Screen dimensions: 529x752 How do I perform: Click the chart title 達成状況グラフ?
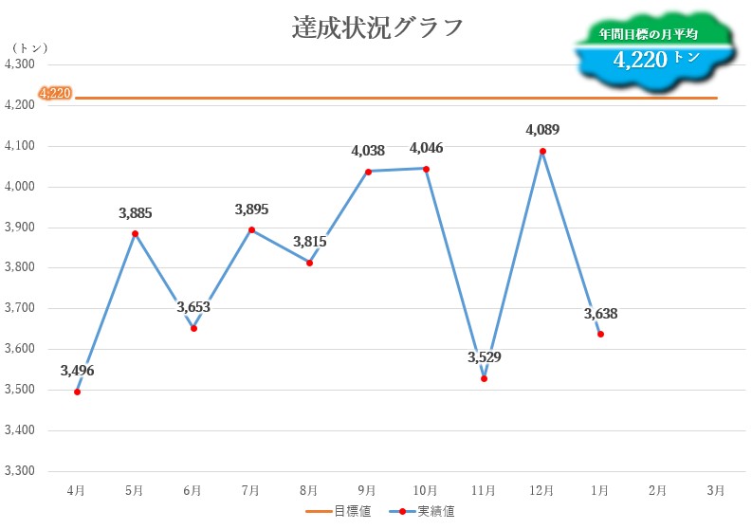377,27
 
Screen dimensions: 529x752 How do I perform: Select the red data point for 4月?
77,392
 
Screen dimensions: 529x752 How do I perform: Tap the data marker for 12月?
542,151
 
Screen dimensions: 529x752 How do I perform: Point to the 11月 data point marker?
484,378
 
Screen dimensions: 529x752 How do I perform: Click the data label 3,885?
135,213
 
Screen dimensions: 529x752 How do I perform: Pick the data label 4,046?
426,148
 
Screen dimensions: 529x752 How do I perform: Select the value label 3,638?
600,314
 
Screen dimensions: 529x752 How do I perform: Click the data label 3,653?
193,307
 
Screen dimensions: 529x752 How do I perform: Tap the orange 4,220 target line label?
55,93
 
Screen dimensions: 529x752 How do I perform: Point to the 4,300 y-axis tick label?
20,64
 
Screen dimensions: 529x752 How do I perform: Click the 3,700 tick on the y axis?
20,308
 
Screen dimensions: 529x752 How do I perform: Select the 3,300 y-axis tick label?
20,471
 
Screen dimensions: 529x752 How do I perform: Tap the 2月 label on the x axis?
657,490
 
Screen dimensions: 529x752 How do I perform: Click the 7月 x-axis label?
250,490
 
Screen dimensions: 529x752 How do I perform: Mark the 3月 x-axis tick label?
716,490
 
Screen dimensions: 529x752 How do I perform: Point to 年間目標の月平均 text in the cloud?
649,34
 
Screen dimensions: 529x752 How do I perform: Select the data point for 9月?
368,172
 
